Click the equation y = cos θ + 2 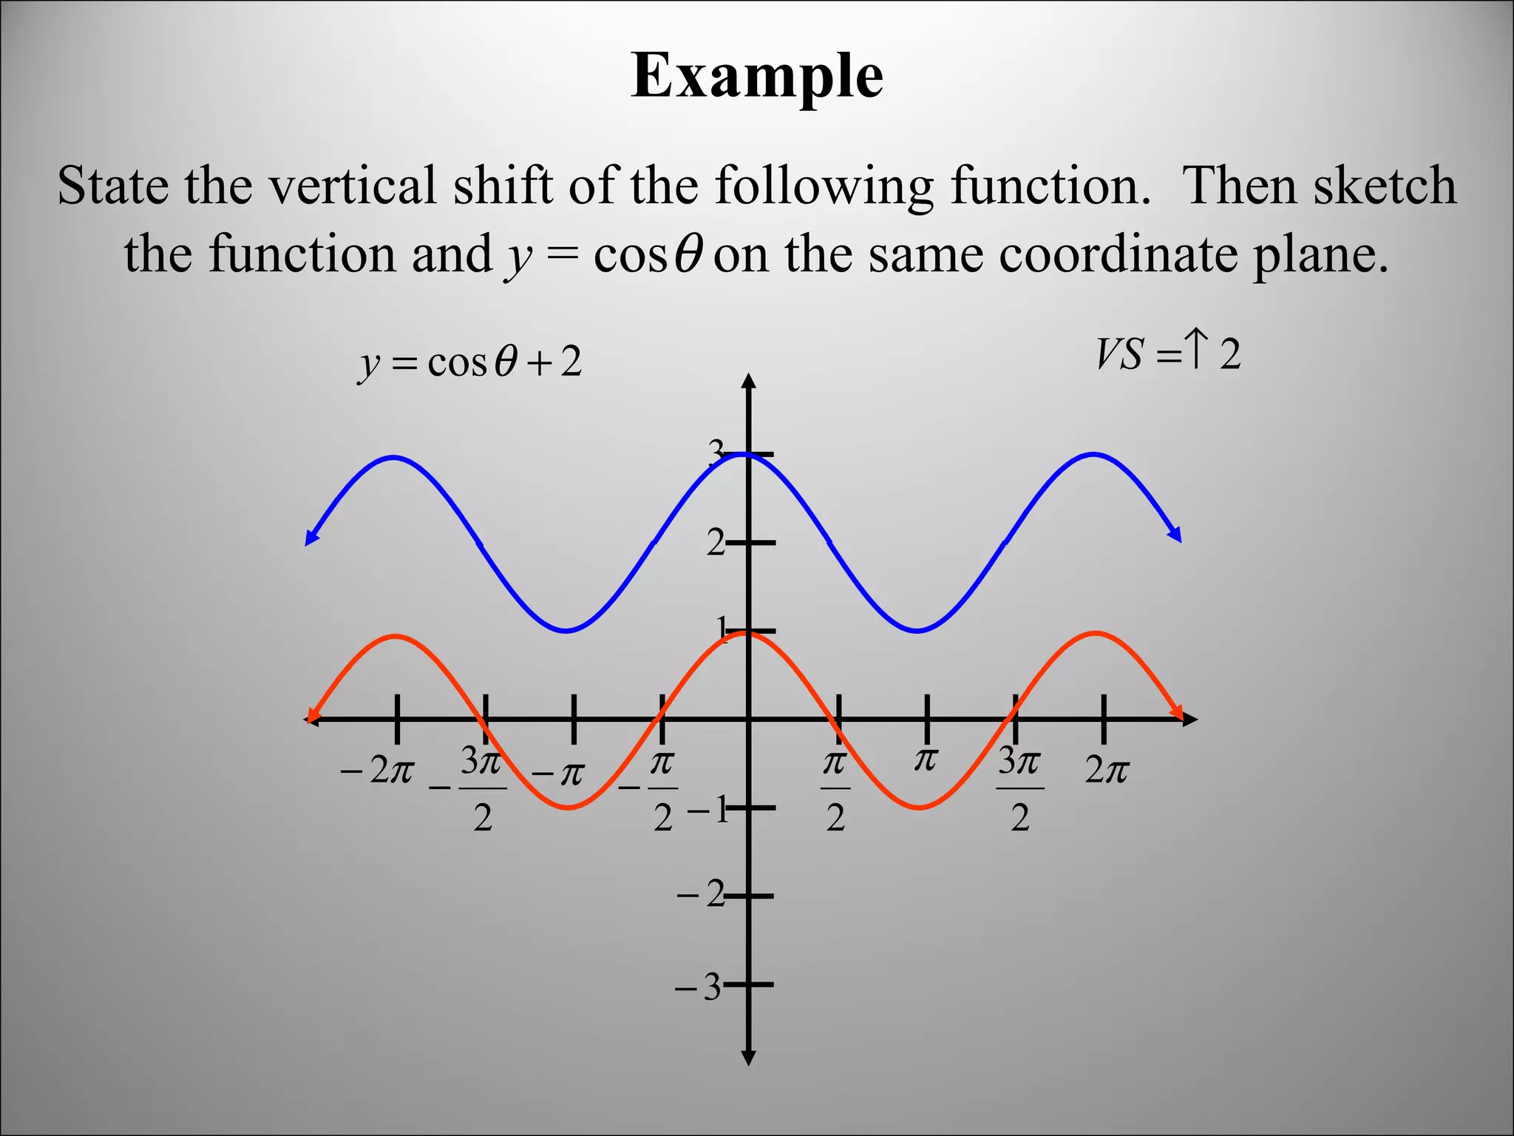click(470, 363)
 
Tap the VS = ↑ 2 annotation click(1168, 354)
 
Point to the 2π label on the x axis click(1107, 771)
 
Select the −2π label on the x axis click(377, 771)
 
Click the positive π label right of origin click(926, 760)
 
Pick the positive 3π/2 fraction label click(1020, 788)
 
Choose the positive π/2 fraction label click(835, 788)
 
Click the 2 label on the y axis click(716, 544)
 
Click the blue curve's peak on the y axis click(748, 454)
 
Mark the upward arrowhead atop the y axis click(749, 382)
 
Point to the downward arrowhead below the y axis click(748, 1058)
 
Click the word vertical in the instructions click(352, 186)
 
